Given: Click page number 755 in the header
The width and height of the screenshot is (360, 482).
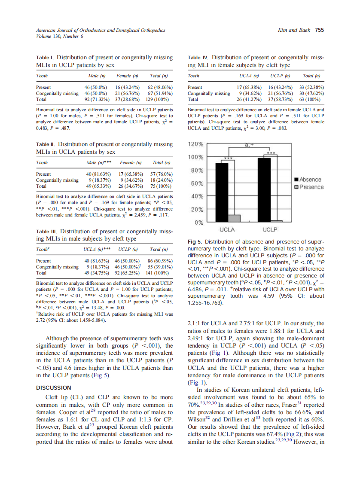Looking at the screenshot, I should click(319, 30).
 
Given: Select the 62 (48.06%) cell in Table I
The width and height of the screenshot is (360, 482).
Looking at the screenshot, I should click(159, 87).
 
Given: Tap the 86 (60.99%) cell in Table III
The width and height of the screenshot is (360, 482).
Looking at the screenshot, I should click(159, 261).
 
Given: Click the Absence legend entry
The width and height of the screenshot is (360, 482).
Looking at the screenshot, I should click(310, 180).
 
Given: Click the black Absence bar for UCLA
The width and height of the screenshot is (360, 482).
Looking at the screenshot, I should click(222, 192).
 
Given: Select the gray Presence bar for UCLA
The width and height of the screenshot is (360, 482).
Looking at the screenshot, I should click(234, 218).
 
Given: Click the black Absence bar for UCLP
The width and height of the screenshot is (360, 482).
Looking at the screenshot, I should click(264, 189).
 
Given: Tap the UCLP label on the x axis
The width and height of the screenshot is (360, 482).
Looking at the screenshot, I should click(270, 230).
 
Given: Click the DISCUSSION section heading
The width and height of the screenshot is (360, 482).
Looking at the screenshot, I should click(54, 387).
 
